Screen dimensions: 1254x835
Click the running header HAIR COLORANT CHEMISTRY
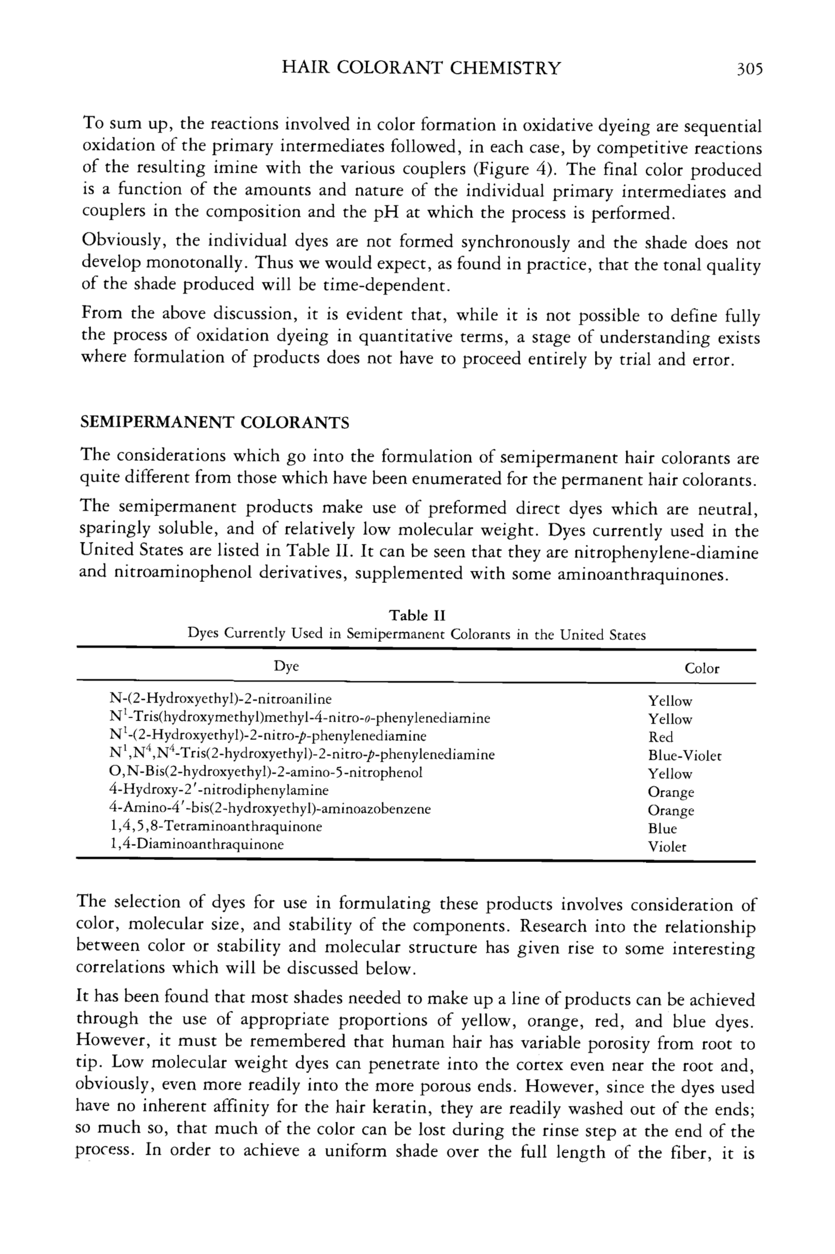click(x=421, y=68)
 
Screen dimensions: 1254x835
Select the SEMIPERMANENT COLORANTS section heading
click(x=214, y=423)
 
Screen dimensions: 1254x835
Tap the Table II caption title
click(x=417, y=615)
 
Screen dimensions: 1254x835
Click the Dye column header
click(x=286, y=666)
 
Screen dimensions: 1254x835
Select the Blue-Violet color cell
click(x=684, y=756)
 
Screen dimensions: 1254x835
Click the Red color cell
click(x=660, y=737)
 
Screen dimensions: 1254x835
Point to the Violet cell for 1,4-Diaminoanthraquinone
click(x=667, y=847)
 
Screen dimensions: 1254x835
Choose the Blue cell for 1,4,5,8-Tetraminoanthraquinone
click(x=662, y=829)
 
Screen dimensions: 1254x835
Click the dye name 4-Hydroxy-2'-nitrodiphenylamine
click(x=218, y=790)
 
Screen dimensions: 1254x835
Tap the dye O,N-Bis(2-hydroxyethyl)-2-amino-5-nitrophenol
click(x=265, y=772)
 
